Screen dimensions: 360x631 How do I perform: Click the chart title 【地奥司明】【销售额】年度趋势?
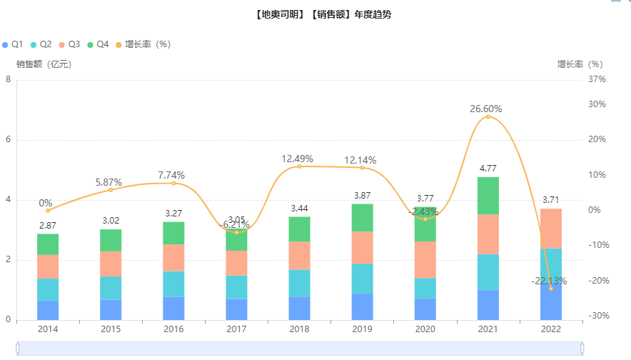tap(322, 15)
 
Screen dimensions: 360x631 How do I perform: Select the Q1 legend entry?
tap(14, 44)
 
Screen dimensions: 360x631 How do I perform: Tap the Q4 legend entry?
tap(99, 44)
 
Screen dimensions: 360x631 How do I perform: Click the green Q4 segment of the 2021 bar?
tap(488, 196)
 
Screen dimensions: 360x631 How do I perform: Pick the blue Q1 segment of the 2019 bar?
tap(362, 306)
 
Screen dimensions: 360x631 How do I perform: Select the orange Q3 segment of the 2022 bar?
tap(550, 229)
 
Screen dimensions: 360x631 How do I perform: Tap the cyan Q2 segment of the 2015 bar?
tap(111, 288)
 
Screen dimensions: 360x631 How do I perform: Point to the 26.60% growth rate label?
tap(486, 109)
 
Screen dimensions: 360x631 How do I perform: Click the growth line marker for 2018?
tap(299, 166)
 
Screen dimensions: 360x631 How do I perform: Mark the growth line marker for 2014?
tap(48, 211)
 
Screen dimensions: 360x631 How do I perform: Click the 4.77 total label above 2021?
tap(488, 169)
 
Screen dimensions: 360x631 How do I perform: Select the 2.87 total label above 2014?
tap(48, 226)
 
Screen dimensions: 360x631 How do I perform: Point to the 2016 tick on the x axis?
tap(173, 329)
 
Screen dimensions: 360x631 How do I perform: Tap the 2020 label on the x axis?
tap(425, 329)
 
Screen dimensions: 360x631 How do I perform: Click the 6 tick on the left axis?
tap(8, 140)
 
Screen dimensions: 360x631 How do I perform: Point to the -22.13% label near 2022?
tap(549, 281)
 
